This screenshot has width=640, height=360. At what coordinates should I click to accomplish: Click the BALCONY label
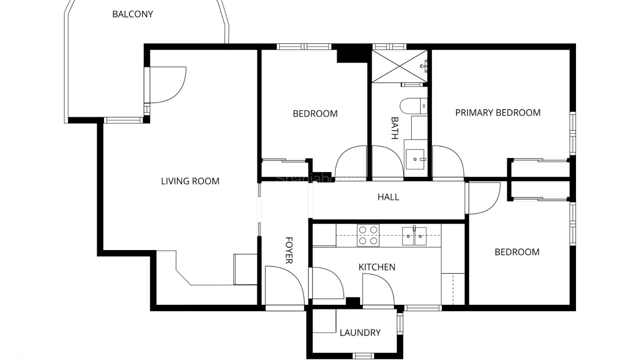(x=132, y=14)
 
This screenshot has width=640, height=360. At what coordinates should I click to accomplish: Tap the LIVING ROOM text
(x=190, y=181)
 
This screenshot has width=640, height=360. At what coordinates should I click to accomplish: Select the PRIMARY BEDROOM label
(x=498, y=113)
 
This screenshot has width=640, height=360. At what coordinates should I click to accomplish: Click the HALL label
(x=388, y=197)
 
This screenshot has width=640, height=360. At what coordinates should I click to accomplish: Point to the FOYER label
(x=289, y=250)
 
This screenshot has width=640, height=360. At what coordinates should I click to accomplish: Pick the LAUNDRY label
(x=360, y=333)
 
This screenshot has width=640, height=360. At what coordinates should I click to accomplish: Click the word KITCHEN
(x=377, y=267)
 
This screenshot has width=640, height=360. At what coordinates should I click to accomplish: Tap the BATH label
(x=395, y=128)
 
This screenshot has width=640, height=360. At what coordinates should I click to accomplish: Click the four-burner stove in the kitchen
(x=368, y=235)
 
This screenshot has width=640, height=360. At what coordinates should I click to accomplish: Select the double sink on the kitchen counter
(x=414, y=236)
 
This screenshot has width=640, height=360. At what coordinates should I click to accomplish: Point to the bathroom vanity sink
(x=415, y=159)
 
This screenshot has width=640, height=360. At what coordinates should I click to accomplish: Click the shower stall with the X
(x=399, y=66)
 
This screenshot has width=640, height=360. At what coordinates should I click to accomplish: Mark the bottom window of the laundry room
(x=363, y=356)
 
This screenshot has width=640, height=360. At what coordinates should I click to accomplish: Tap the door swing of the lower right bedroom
(x=483, y=198)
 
